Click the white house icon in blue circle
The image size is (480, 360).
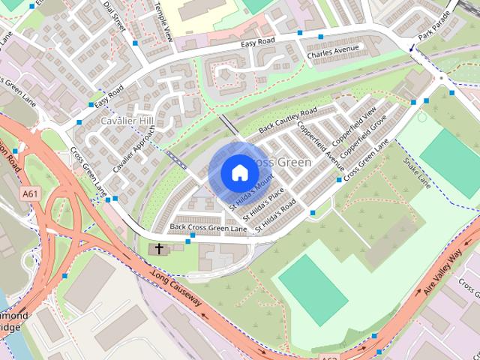click(x=238, y=173)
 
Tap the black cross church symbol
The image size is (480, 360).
click(x=159, y=248)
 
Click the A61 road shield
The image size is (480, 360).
click(x=31, y=193)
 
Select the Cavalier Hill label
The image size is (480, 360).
click(x=127, y=121)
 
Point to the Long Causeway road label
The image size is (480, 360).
click(x=176, y=289)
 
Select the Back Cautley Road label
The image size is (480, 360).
click(x=288, y=119)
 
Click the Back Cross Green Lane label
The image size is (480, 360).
click(x=208, y=227)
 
